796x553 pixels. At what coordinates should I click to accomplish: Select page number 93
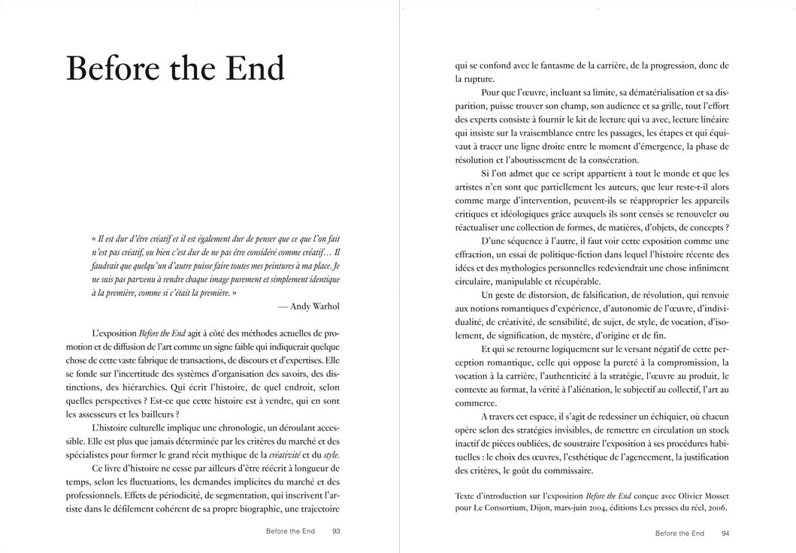[336, 533]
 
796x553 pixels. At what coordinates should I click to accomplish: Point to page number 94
[725, 533]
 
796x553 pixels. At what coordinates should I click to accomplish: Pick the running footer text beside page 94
[679, 533]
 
